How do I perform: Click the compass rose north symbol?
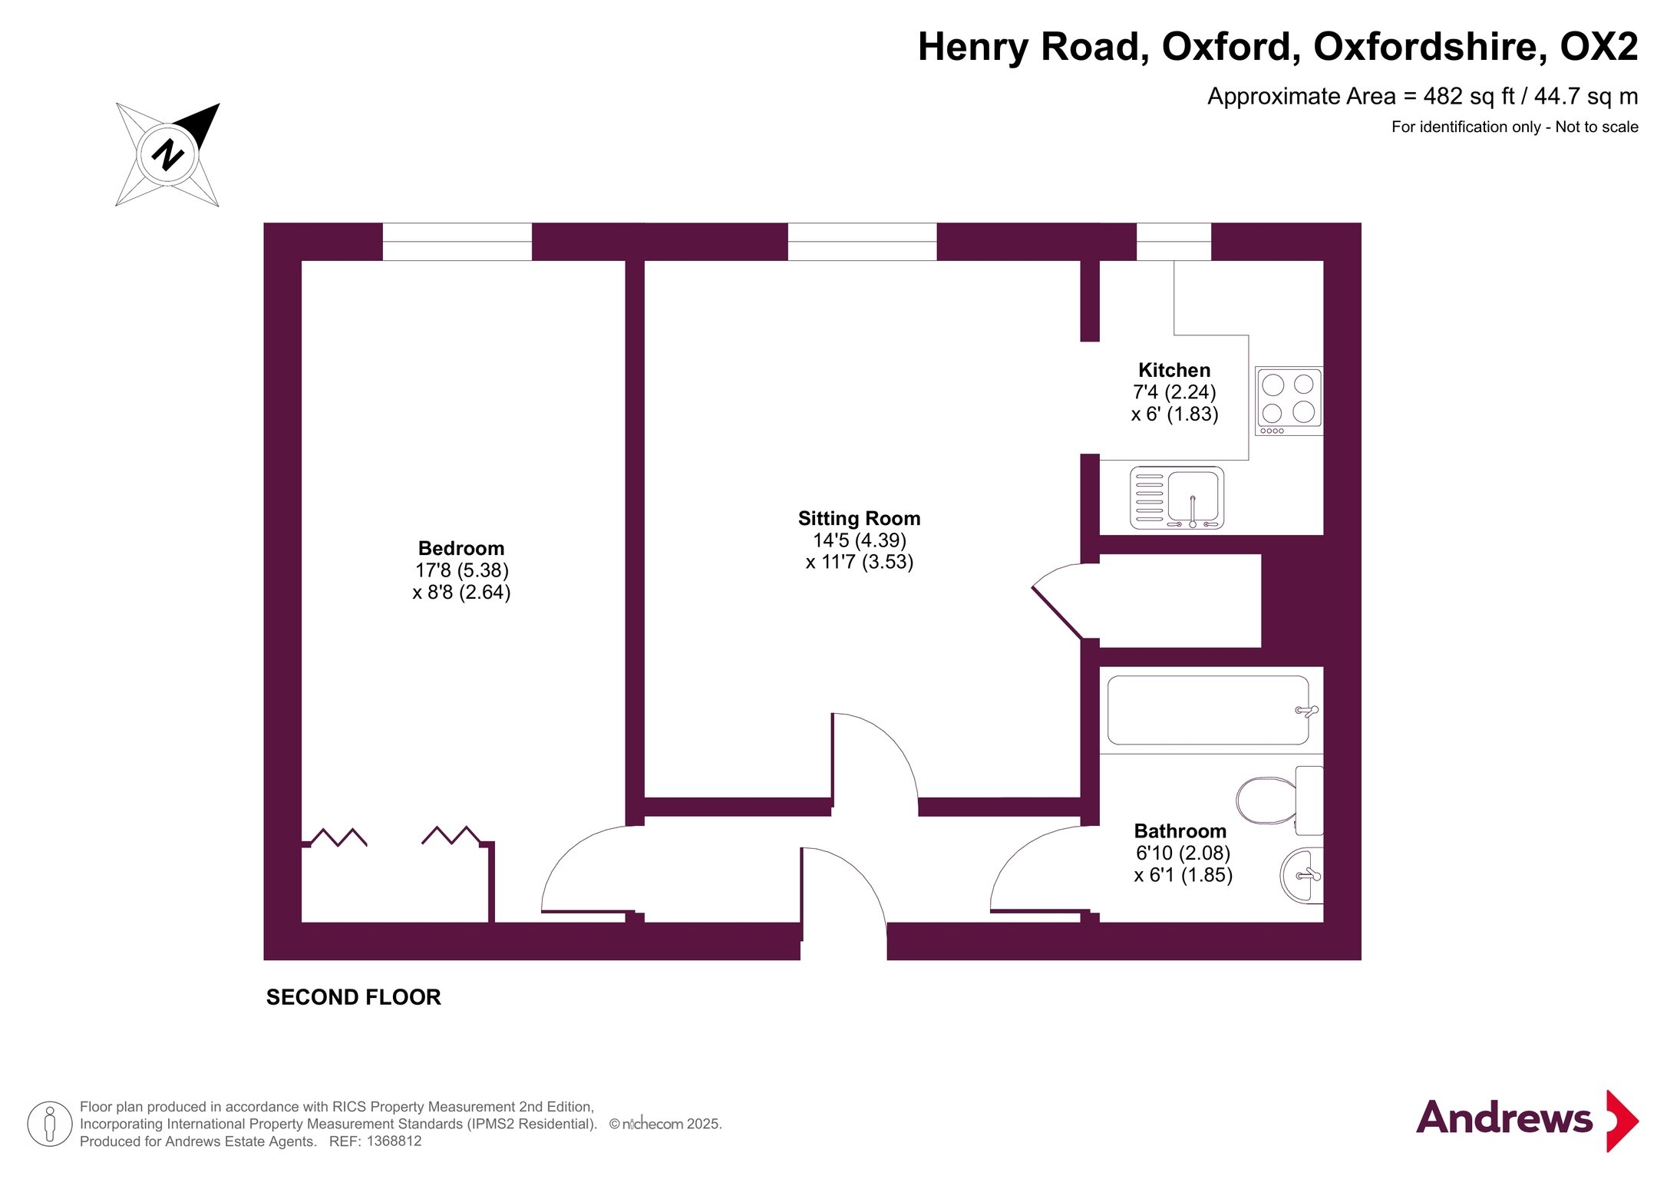168,154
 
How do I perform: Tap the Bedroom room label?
461,548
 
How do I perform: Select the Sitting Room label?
859,518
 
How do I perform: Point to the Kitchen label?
1174,370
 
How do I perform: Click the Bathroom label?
1180,831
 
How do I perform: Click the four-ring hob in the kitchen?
1289,401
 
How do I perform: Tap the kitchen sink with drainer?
1177,498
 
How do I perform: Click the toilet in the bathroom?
1279,800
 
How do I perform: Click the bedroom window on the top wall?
457,242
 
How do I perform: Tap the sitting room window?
862,242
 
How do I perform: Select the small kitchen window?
1174,242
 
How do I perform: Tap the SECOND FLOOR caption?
354,997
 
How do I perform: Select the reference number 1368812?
394,1141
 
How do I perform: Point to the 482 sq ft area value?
1469,97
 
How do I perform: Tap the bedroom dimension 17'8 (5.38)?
462,570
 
